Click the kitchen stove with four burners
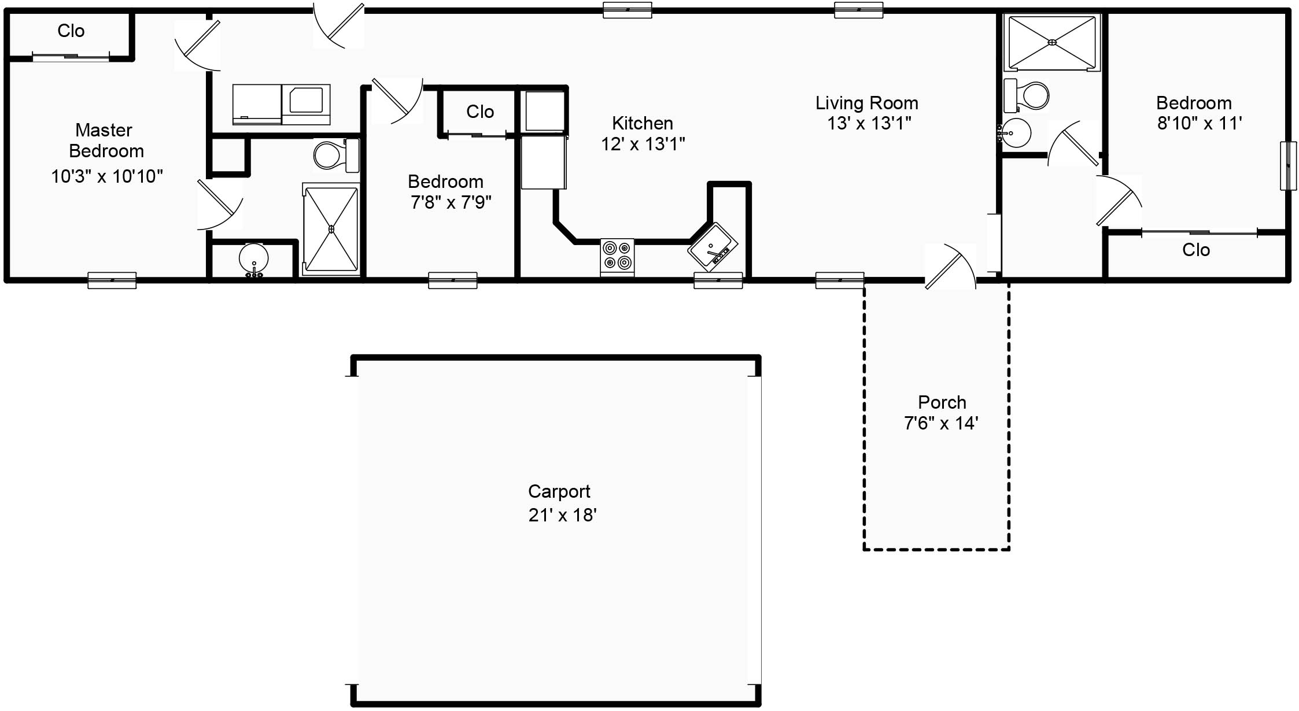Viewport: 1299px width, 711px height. (x=617, y=257)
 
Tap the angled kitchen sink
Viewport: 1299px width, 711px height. (x=713, y=247)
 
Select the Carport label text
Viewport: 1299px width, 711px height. (x=559, y=491)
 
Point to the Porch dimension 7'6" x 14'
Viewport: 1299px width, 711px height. (x=941, y=423)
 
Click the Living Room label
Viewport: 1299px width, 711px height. (x=867, y=103)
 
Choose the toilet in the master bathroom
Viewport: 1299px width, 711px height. (x=336, y=155)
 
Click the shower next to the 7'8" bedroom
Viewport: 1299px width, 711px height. (x=331, y=229)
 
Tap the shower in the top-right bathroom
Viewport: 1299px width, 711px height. (x=1052, y=42)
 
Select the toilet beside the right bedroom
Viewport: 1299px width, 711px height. (x=1027, y=95)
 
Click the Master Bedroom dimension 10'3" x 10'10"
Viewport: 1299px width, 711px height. (x=107, y=176)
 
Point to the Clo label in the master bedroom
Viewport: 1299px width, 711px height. (x=71, y=31)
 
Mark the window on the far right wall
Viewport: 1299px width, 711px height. (x=1288, y=165)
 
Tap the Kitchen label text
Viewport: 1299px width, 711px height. (x=643, y=123)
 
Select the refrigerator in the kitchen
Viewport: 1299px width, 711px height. (x=544, y=162)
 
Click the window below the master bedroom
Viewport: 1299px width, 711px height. (x=112, y=280)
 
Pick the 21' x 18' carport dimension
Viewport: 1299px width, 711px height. (x=562, y=515)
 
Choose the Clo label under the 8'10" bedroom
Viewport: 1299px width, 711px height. (x=1196, y=250)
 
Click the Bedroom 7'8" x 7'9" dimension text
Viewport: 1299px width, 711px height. (x=451, y=202)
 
